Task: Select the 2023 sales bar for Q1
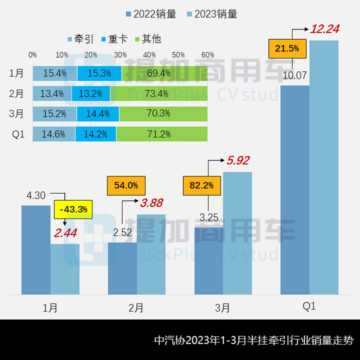(x=324, y=167)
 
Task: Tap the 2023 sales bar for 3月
(x=237, y=233)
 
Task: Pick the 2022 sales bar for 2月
(x=122, y=268)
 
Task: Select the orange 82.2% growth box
(x=201, y=185)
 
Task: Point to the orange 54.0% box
(x=126, y=185)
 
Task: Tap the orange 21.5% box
(x=287, y=49)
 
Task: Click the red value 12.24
(x=324, y=29)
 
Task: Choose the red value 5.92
(x=238, y=161)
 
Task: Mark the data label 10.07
(x=295, y=75)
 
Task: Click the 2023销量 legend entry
(x=212, y=14)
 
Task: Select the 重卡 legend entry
(x=114, y=39)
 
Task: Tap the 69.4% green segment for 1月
(x=165, y=73)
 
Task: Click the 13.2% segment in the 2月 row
(x=91, y=94)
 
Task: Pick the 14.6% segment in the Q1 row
(x=54, y=134)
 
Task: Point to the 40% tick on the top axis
(x=149, y=55)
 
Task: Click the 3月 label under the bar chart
(x=222, y=308)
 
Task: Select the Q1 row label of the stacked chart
(x=18, y=134)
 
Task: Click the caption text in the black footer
(x=254, y=340)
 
